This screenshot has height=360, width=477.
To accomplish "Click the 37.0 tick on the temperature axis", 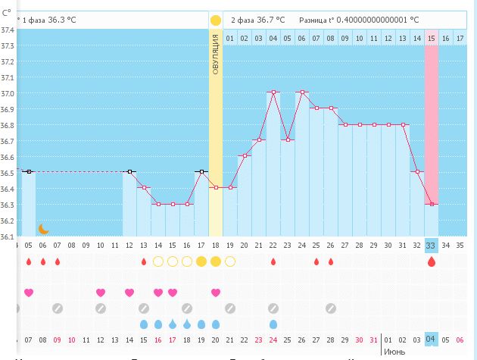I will tap(8, 93).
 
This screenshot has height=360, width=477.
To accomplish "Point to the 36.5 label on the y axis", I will tap(8, 172).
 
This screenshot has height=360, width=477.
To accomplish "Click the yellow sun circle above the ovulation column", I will tap(216, 20).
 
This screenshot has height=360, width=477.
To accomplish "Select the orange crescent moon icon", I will tap(43, 228).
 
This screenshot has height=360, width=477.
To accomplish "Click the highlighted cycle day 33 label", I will tap(431, 245).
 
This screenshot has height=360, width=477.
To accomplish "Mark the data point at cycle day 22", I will tap(273, 92).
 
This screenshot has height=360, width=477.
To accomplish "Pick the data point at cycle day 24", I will tap(302, 92).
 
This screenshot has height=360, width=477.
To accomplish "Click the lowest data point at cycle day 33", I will tap(431, 204).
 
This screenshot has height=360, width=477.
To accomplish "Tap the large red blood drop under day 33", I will tap(432, 261).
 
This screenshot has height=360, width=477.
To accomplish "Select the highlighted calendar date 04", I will tap(431, 339).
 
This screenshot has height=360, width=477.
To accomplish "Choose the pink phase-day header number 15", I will tap(431, 38).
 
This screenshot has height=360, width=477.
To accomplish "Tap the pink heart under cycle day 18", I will tap(216, 293).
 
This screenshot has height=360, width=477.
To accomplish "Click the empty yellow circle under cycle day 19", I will tap(230, 261).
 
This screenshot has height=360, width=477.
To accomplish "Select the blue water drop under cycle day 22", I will tap(273, 324).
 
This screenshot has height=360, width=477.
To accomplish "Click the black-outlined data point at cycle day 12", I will tap(129, 172).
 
